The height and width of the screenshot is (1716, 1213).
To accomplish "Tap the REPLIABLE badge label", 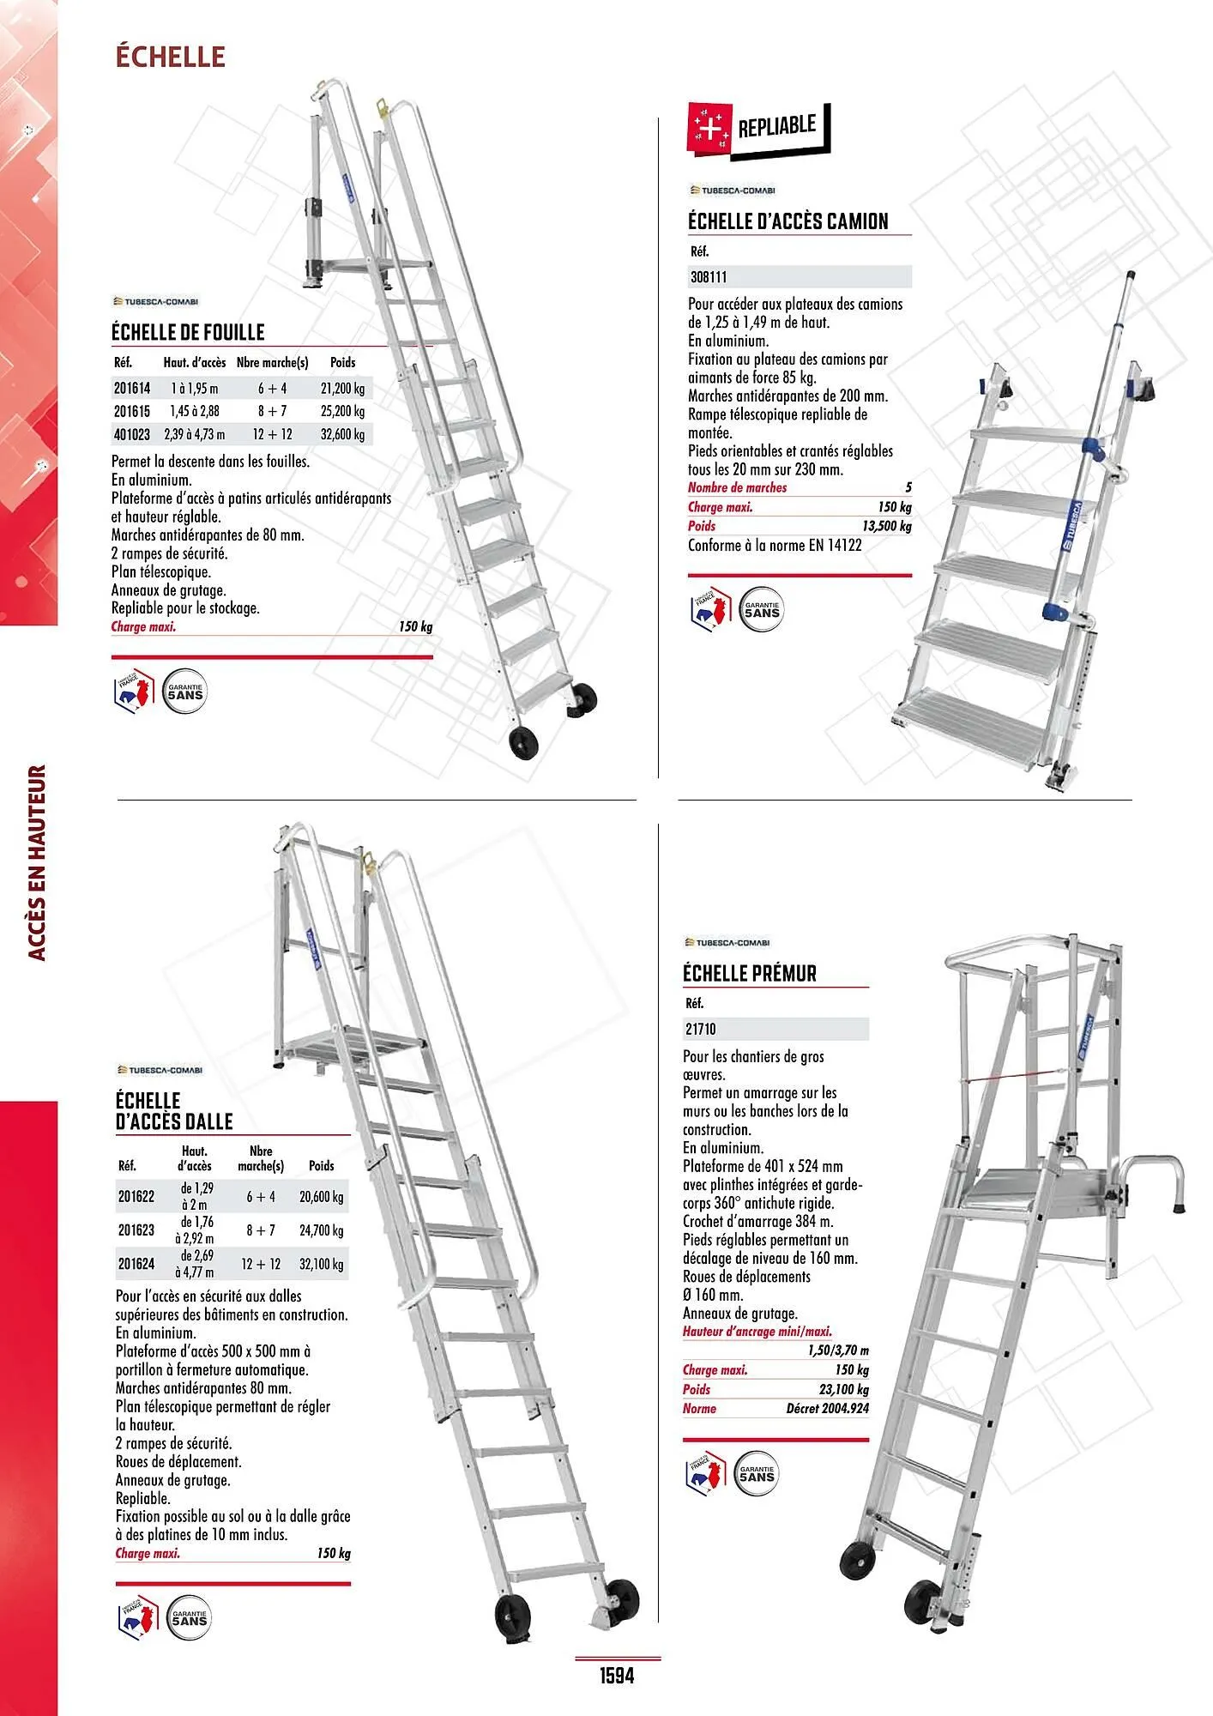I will point(776,127).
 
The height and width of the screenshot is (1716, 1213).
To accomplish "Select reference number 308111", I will point(709,277).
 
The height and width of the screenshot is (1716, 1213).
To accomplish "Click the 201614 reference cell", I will point(132,389).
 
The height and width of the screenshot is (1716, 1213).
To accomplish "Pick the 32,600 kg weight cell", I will point(342,434).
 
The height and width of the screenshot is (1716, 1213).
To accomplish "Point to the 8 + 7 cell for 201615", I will point(272,411).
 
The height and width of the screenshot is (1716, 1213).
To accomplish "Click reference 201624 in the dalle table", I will point(136,1264).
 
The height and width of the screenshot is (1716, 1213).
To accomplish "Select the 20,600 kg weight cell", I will point(322,1197).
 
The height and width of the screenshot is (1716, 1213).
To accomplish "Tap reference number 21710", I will point(700,1029).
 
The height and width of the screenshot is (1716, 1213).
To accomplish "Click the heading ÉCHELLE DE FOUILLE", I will point(188,332).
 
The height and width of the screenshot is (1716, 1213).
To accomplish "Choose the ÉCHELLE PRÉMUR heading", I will point(750,974).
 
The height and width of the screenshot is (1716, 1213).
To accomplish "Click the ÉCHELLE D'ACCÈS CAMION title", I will point(788,221).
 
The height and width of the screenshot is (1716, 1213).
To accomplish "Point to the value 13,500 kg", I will point(887,526).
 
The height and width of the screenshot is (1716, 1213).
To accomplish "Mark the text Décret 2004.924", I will point(827,1408).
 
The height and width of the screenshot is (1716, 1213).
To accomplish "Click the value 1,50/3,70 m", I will point(838,1350).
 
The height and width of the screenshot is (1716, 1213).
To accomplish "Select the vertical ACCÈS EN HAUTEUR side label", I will point(35,862).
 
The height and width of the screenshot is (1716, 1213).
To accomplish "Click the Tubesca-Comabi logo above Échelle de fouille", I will point(156,302).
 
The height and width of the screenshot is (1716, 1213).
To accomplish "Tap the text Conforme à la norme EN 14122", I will point(775,546).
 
